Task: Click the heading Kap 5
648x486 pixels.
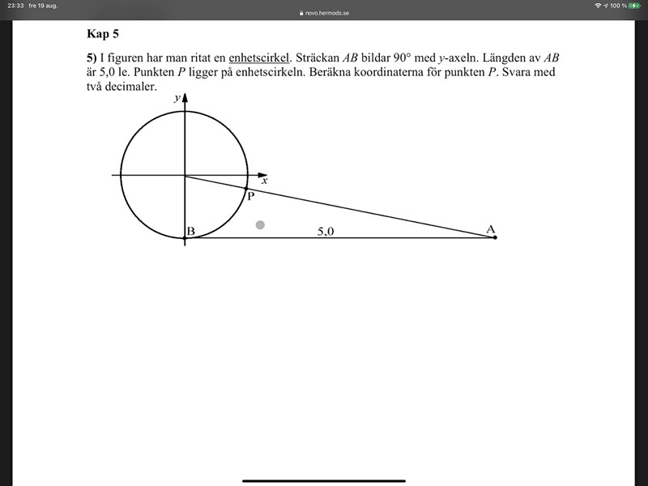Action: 103,34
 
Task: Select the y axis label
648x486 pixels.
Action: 177,97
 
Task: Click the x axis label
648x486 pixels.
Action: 264,181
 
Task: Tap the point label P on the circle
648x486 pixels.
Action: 250,196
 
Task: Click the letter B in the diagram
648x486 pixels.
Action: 190,232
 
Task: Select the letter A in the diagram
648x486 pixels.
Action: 490,230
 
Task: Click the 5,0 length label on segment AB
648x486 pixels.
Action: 326,231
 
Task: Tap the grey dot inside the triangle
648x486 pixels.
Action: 260,224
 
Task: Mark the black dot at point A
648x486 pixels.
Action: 495,237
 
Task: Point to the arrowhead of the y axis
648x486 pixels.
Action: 185,98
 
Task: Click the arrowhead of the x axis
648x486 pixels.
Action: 262,175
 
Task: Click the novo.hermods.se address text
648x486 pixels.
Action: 327,13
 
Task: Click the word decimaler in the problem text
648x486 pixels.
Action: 130,86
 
